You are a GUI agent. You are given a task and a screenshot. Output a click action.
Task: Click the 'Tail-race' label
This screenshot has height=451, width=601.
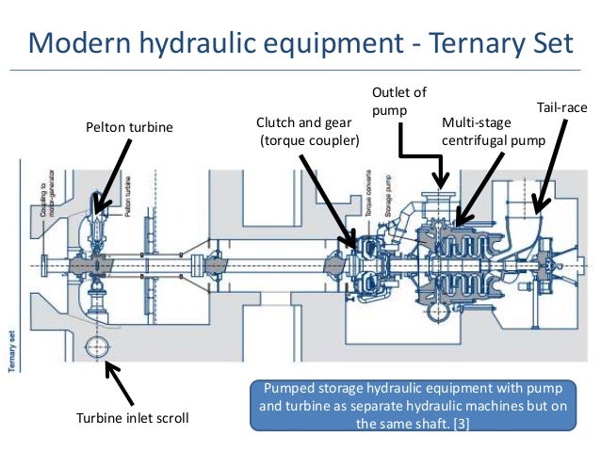coord(561,109)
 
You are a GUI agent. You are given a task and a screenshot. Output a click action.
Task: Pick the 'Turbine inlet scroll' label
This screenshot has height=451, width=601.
coord(131,418)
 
